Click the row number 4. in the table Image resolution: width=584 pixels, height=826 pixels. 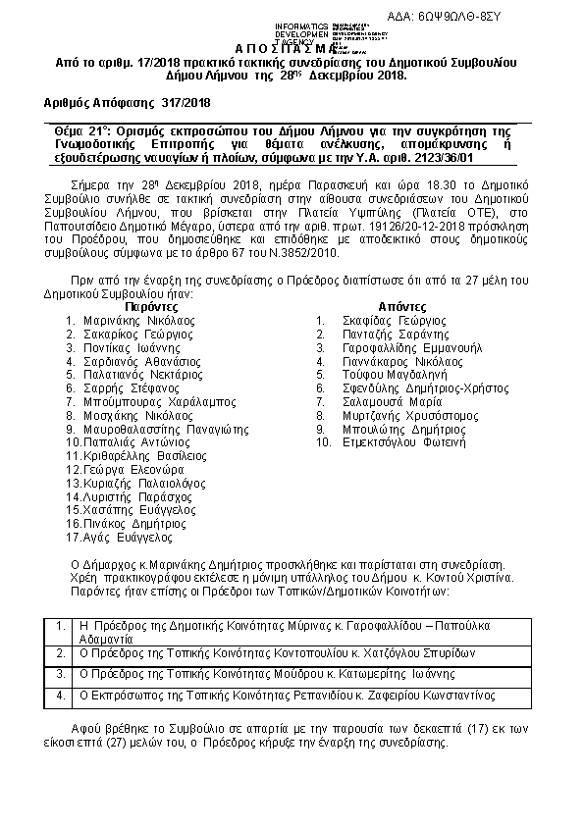point(62,696)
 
